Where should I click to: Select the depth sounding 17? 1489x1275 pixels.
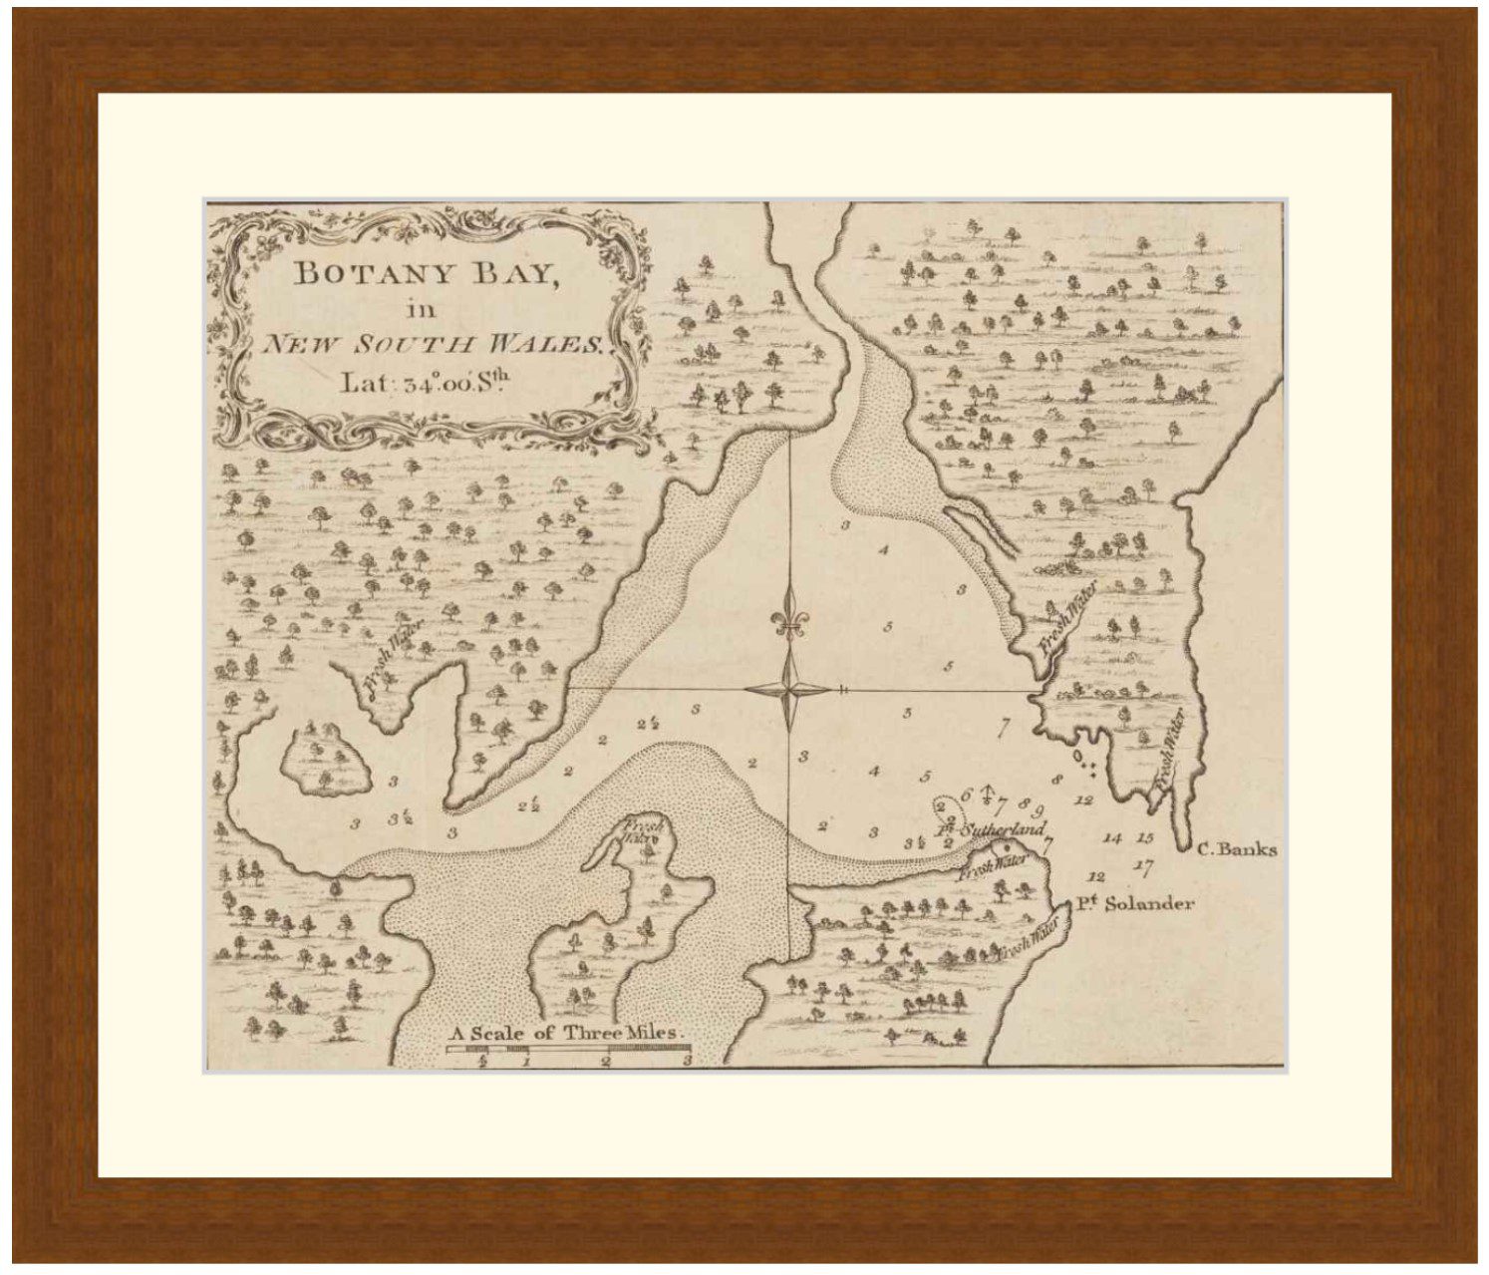(x=1143, y=866)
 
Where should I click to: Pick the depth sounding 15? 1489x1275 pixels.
(x=1145, y=838)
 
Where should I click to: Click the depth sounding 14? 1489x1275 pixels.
(x=1113, y=838)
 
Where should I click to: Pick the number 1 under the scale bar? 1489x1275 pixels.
(x=526, y=1063)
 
